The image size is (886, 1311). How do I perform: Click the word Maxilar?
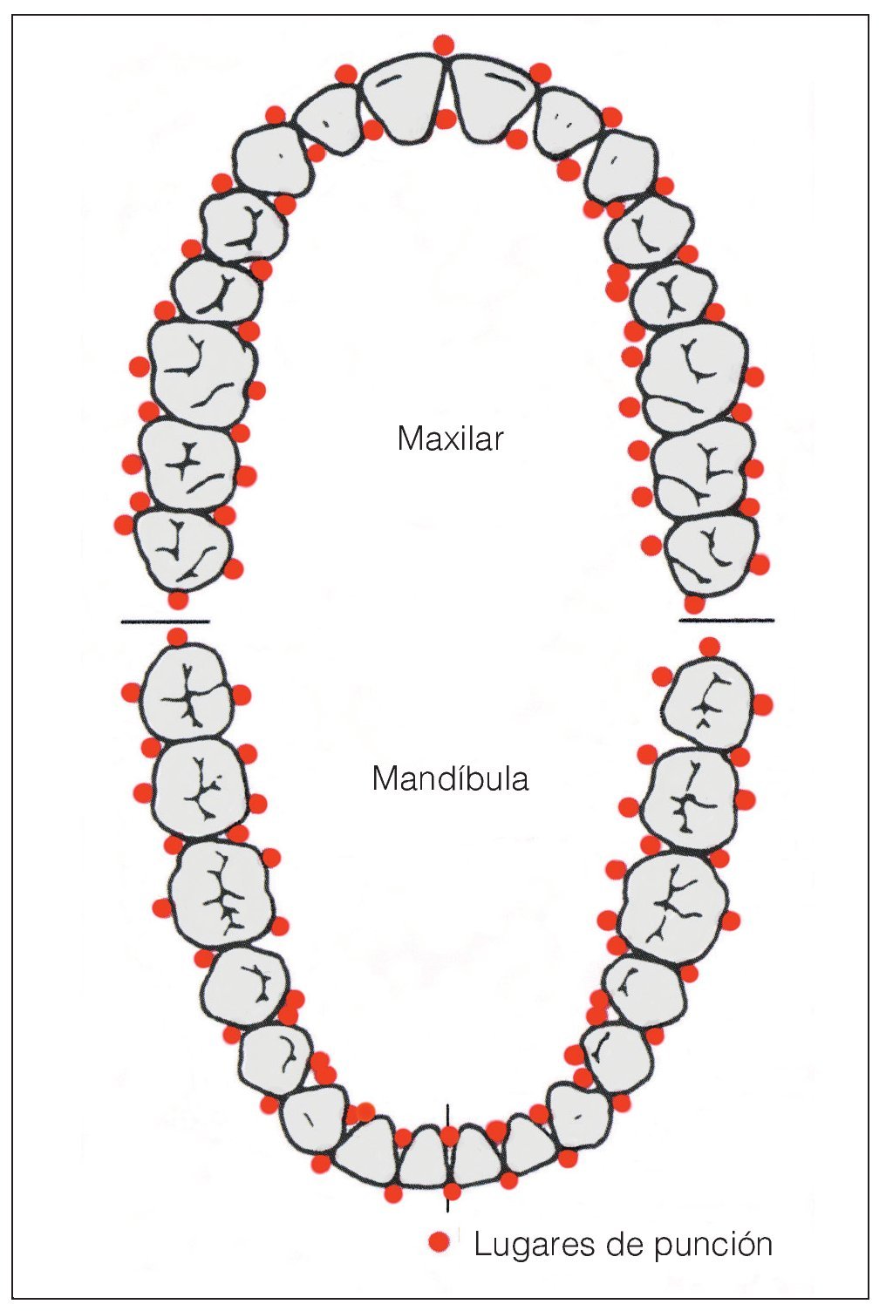tap(450, 438)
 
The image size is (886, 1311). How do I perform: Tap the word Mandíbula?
tap(450, 778)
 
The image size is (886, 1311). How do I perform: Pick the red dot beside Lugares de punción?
tap(440, 1243)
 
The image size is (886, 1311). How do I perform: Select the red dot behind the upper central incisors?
tap(446, 119)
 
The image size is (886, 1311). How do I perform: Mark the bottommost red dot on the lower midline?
tap(451, 1192)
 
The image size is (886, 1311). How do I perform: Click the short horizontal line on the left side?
tap(165, 622)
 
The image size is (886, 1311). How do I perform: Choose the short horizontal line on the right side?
tap(726, 621)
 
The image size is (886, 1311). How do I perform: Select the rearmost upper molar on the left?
tap(182, 549)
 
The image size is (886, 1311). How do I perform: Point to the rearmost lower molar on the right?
tap(707, 703)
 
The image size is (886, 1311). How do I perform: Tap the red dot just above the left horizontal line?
tap(178, 601)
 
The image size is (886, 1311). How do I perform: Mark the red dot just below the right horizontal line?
tap(710, 646)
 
